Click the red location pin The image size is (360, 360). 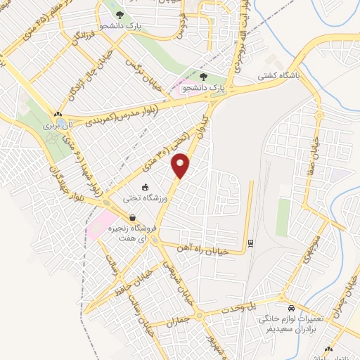(x=181, y=166)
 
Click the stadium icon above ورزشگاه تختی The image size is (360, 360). (x=146, y=187)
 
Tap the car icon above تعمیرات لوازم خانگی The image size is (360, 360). (x=290, y=309)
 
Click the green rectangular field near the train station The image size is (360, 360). (x=283, y=217)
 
